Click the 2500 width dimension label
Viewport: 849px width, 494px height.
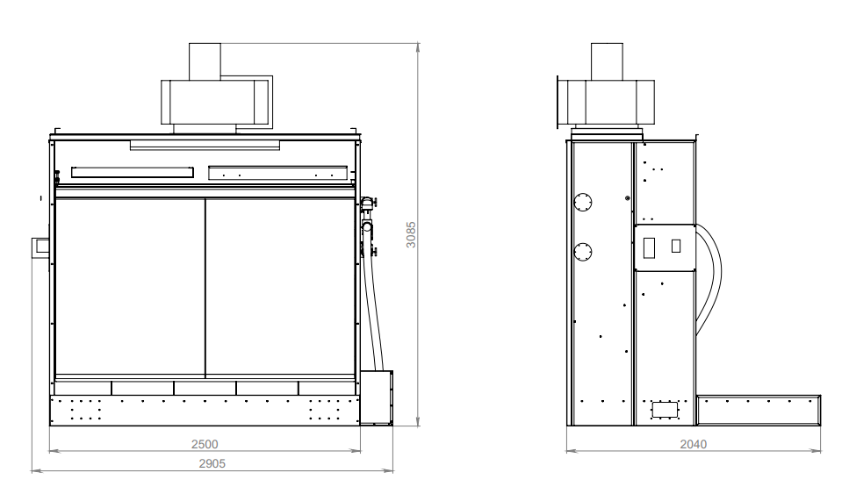(x=205, y=444)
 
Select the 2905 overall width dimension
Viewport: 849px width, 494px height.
(x=212, y=463)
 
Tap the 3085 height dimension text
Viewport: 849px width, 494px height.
(x=411, y=234)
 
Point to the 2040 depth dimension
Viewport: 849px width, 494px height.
(x=694, y=444)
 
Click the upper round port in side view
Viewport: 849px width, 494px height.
(x=583, y=203)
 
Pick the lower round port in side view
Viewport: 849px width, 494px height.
(x=583, y=252)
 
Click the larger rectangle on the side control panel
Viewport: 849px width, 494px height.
(x=649, y=247)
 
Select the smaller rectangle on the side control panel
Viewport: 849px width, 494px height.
(x=676, y=246)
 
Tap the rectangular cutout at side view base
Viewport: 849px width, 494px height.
(x=665, y=410)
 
